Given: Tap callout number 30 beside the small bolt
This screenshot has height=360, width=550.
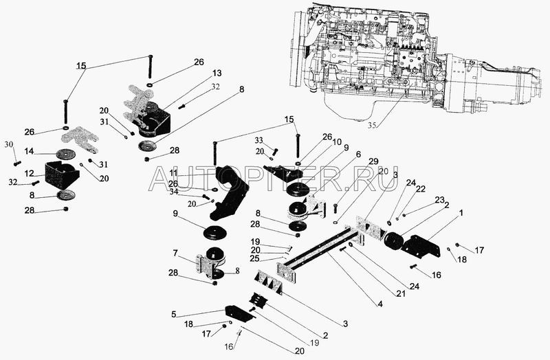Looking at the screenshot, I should (x=9, y=144).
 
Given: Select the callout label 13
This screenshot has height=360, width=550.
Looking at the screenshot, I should (x=197, y=74).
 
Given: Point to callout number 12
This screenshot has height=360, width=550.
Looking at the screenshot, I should (x=30, y=173).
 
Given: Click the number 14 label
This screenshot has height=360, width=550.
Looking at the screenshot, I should (x=30, y=152).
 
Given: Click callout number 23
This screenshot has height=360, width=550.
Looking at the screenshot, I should (x=439, y=201).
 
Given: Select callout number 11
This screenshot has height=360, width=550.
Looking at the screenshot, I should (x=174, y=174).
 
